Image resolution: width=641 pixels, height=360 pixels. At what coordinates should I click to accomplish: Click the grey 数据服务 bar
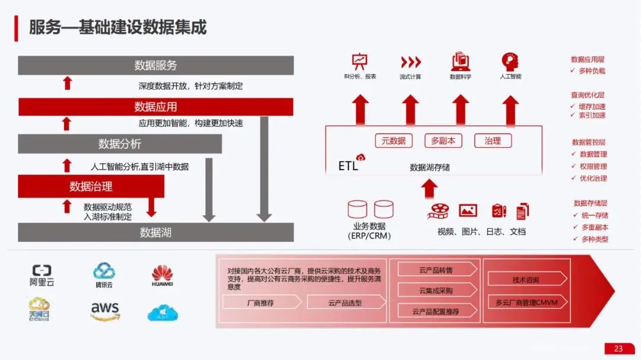[156, 65]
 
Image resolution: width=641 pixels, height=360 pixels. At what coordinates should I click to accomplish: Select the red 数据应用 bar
[156, 107]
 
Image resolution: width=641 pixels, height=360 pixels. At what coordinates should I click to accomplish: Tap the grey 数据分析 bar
[119, 144]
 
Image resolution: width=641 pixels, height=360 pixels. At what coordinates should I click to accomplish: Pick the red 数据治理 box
[91, 186]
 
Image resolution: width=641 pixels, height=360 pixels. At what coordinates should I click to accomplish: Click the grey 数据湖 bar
[156, 232]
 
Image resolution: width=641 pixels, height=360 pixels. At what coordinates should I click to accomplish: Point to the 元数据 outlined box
[394, 141]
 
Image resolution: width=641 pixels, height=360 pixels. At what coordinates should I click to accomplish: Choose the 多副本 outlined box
[443, 141]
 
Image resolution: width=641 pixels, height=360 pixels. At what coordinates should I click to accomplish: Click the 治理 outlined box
[493, 141]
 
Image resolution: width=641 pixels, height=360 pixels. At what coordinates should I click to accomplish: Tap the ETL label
[348, 165]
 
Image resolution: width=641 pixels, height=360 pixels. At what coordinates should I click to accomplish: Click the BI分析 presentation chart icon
[359, 60]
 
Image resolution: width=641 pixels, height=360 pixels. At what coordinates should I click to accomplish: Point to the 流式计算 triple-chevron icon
[410, 62]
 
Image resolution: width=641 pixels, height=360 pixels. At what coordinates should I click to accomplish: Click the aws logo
[105, 310]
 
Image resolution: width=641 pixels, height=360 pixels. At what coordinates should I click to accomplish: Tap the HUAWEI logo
[162, 276]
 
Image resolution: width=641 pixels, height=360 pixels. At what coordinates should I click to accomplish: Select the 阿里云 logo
[42, 275]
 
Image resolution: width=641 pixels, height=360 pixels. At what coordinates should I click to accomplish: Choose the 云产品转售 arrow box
[436, 270]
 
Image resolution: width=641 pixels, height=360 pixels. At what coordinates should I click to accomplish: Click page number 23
[618, 349]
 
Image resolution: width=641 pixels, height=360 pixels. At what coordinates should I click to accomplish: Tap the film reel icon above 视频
[440, 210]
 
